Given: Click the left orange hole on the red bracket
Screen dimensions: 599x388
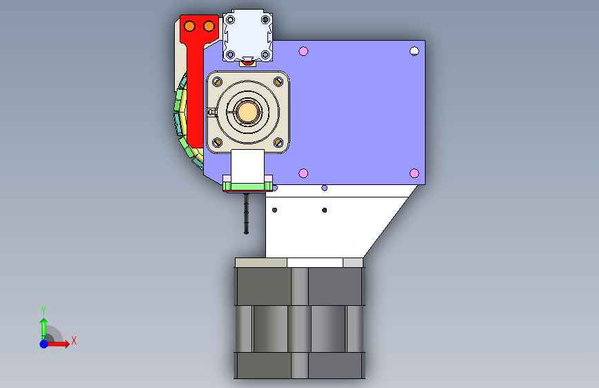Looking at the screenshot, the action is click(190, 26).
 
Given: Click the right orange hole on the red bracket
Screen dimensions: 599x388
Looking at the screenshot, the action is click(209, 26).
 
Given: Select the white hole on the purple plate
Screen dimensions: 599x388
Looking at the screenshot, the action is click(414, 51).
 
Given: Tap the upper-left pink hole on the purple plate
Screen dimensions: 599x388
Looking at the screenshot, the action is click(303, 51).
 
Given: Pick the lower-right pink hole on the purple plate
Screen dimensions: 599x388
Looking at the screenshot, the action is click(414, 173).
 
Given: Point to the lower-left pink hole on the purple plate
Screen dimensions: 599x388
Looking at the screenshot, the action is click(303, 173).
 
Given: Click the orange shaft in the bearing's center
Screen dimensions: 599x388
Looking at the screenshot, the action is click(247, 112).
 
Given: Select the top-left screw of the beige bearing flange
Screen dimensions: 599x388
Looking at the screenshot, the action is click(218, 81).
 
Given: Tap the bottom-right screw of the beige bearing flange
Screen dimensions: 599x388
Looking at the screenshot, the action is click(278, 142).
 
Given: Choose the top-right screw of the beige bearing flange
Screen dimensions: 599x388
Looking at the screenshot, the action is click(278, 81).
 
